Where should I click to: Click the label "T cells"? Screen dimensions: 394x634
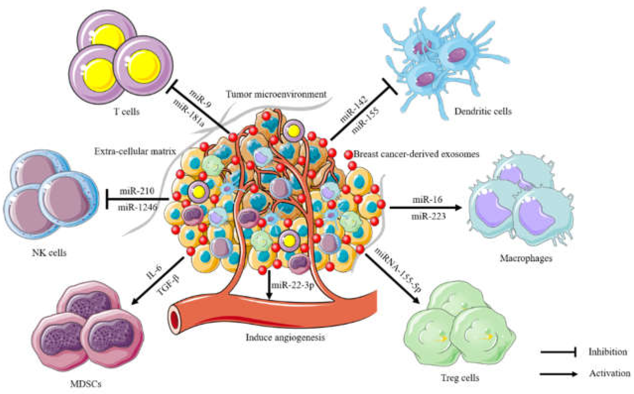(x=127, y=112)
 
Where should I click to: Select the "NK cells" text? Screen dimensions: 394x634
(x=49, y=253)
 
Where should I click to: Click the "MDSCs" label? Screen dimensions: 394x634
(x=86, y=384)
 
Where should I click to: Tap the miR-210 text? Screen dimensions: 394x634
(x=137, y=191)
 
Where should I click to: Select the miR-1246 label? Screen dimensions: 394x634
(x=138, y=208)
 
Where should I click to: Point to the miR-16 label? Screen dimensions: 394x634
(x=427, y=200)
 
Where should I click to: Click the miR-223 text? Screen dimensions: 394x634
(x=428, y=216)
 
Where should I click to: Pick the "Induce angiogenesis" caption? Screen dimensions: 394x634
(x=285, y=338)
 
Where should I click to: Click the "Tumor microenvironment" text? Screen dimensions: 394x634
(x=276, y=94)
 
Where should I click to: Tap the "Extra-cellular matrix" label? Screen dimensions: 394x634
(x=135, y=151)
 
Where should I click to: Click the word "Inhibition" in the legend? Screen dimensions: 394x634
(x=608, y=352)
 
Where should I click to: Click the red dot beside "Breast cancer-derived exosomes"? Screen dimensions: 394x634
(x=348, y=155)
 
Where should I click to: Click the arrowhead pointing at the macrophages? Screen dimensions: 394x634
(x=458, y=208)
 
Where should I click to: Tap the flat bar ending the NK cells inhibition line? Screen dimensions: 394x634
(x=107, y=199)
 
